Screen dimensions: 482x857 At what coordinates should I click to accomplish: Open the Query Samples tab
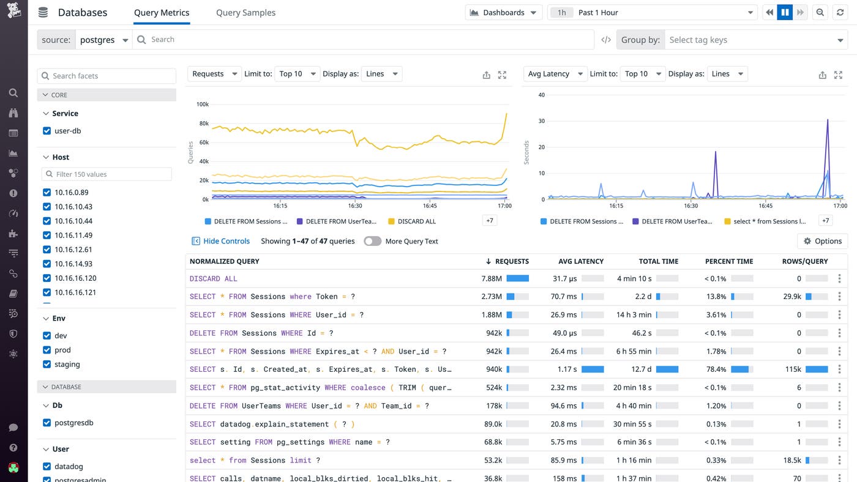[245, 12]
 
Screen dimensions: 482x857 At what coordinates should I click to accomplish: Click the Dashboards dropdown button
[503, 12]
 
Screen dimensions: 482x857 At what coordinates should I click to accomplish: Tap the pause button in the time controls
[785, 12]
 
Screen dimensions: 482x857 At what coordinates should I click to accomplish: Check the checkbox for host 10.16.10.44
[47, 221]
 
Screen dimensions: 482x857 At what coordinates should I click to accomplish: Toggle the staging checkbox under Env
[47, 364]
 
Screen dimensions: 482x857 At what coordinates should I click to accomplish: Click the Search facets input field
[107, 76]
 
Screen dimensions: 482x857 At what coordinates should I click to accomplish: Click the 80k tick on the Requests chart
[203, 124]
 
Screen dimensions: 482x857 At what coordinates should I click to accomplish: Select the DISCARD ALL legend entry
[416, 221]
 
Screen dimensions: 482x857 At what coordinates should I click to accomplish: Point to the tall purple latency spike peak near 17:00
[828, 120]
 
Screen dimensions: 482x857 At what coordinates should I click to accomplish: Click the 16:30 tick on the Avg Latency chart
[690, 206]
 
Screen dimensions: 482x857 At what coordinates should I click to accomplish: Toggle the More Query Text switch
[372, 241]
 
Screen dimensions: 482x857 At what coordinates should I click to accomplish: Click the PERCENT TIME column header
[728, 261]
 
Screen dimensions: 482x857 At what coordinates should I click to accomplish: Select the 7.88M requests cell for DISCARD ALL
[492, 278]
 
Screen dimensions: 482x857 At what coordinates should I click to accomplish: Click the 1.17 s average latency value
[567, 369]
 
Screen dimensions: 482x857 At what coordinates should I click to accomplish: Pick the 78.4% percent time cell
[716, 369]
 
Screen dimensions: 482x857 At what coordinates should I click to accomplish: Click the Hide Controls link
[226, 241]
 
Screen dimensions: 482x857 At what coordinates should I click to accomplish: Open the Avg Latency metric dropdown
[555, 73]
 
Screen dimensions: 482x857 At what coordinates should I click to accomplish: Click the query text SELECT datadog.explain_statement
[272, 424]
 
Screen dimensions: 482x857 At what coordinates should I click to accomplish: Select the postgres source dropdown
[103, 40]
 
